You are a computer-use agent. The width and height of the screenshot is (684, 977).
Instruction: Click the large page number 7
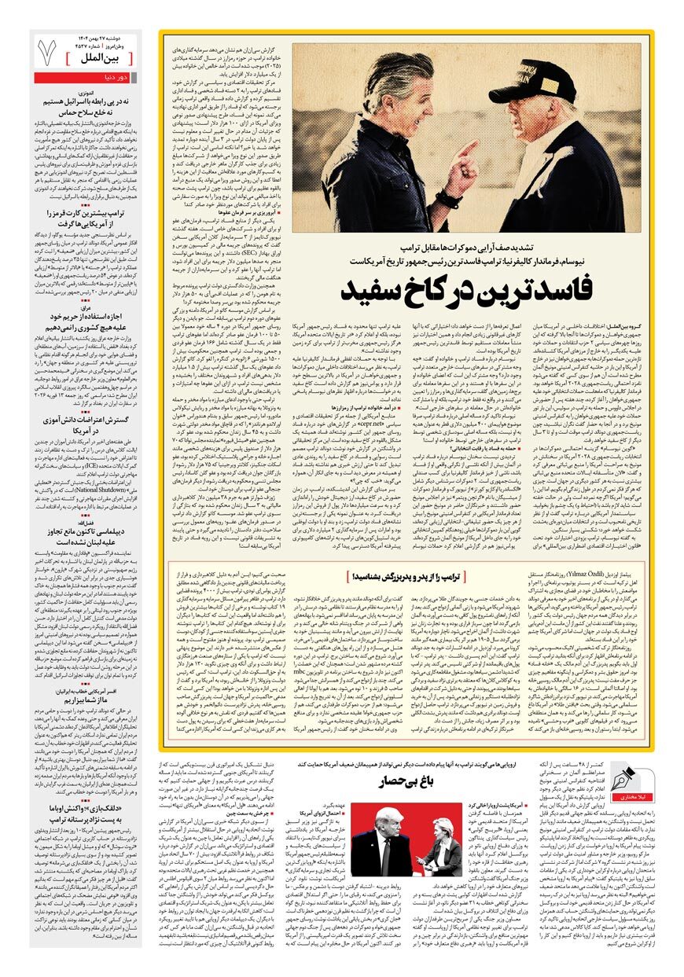click(47, 53)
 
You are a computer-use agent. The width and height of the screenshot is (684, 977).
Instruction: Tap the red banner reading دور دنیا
click(86, 77)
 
